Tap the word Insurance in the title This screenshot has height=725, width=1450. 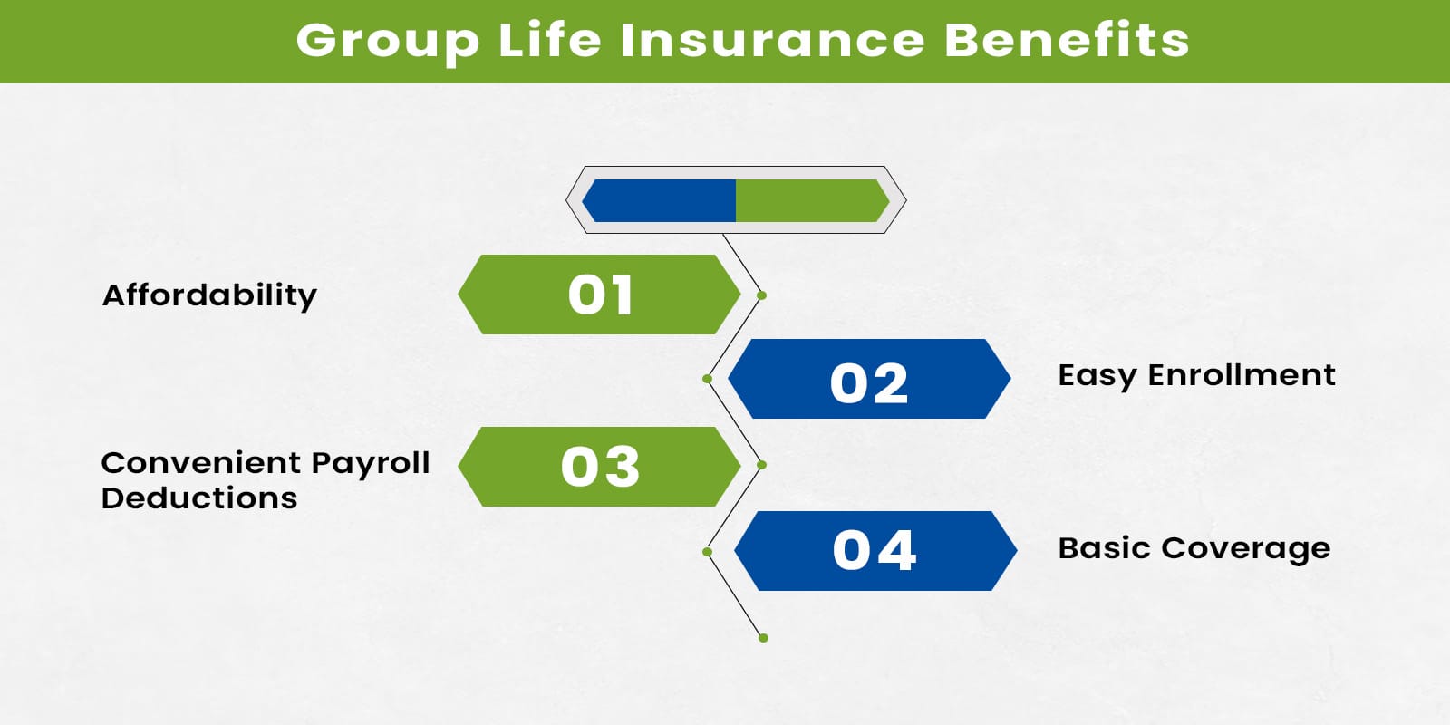tap(773, 41)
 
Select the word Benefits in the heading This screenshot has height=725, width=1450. tap(1067, 41)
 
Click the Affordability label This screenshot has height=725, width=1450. tap(209, 295)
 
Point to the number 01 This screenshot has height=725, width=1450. tap(600, 295)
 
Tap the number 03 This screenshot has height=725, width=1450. tap(600, 467)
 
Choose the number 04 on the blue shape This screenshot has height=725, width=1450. tap(875, 551)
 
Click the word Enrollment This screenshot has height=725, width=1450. tap(1242, 374)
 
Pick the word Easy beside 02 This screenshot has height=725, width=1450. tap(1097, 376)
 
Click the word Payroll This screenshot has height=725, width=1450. tap(370, 464)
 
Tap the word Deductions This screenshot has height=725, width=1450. tap(199, 498)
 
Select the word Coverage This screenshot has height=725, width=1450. tap(1245, 549)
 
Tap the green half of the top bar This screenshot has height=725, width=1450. tap(808, 200)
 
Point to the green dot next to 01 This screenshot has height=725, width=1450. tap(762, 295)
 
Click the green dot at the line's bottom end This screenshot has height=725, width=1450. tap(763, 638)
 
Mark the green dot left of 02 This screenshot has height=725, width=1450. tap(707, 379)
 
